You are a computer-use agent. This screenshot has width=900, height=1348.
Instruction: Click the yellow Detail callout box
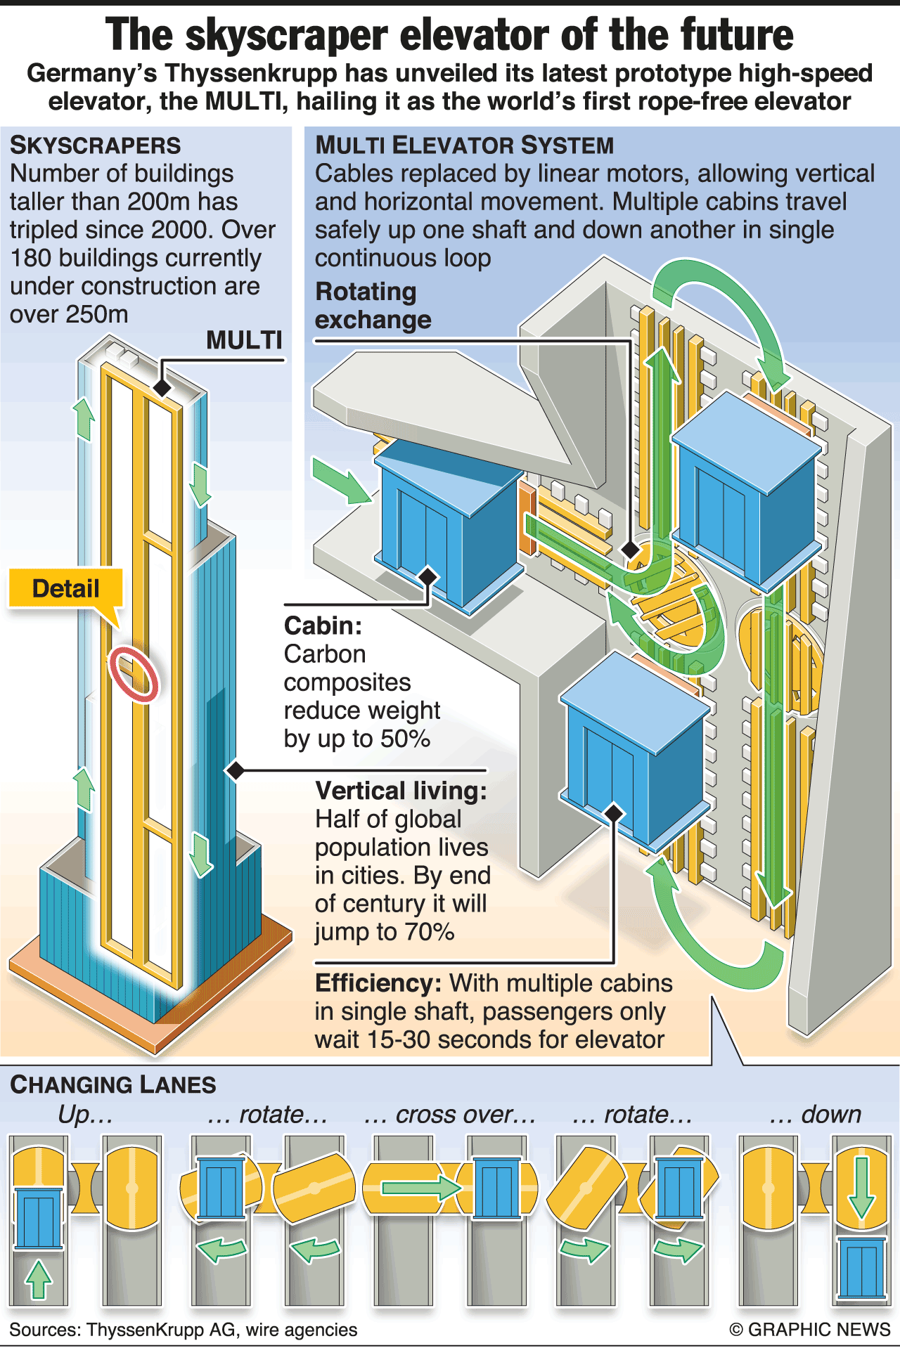[x=65, y=588]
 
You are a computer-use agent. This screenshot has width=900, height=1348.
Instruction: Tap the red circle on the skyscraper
[x=134, y=673]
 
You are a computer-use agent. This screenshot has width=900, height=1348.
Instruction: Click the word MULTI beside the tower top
[x=244, y=340]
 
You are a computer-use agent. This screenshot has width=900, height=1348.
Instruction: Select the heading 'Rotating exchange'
[x=373, y=306]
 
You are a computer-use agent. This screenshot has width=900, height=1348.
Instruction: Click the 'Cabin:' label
[x=323, y=626]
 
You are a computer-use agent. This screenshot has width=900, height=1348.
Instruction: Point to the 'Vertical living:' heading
[x=401, y=791]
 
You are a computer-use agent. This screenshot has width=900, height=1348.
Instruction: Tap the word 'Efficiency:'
[x=378, y=983]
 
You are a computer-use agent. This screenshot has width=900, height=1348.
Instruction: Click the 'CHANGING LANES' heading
[x=113, y=1084]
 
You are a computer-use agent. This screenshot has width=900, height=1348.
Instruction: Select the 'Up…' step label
[x=85, y=1115]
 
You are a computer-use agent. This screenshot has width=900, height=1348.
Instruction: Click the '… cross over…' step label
[x=450, y=1115]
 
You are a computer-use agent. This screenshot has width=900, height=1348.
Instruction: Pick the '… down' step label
[x=816, y=1115]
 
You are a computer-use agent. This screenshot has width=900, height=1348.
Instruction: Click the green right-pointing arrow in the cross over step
[x=420, y=1188]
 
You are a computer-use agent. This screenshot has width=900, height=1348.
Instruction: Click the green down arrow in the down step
[x=861, y=1188]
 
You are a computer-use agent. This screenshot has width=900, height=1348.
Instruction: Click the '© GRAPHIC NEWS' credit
[x=810, y=1330]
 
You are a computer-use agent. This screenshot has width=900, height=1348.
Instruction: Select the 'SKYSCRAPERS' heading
[x=96, y=145]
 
